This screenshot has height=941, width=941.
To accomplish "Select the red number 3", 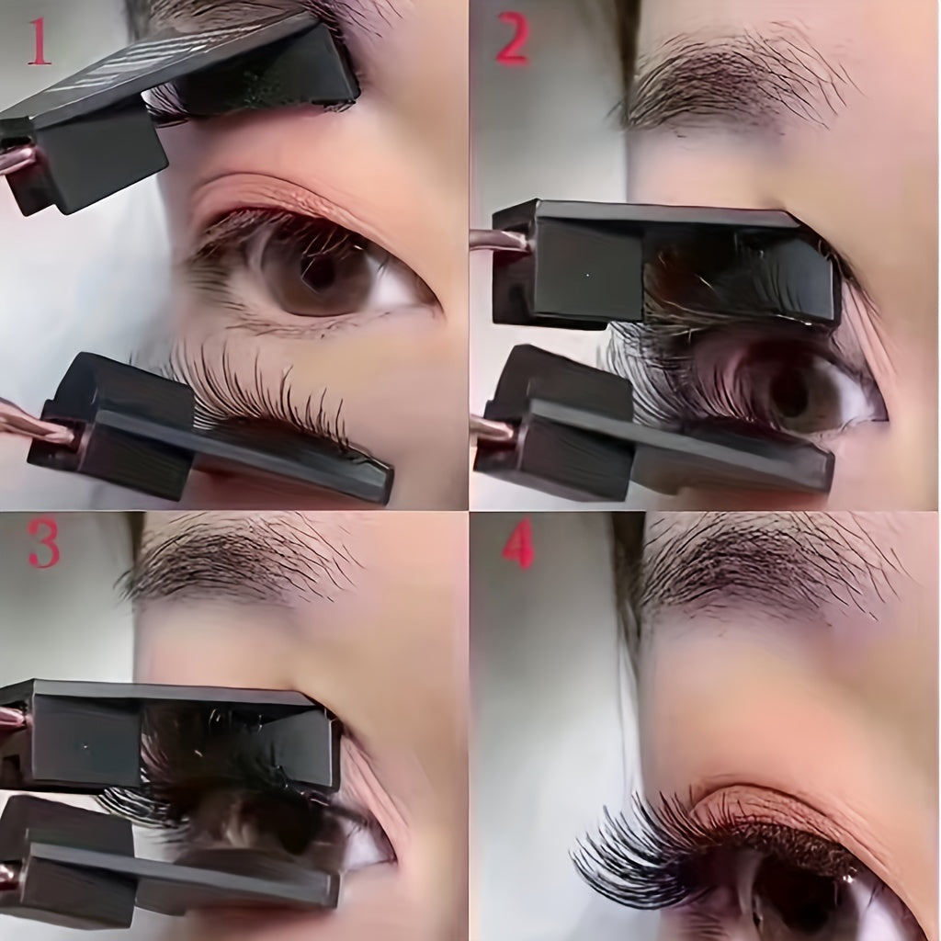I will click(x=42, y=546).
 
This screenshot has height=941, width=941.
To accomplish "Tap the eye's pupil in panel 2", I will click(x=788, y=391).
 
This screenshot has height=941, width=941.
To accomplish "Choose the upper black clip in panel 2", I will click(x=662, y=262).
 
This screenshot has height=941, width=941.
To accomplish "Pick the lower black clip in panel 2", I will click(x=643, y=441).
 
